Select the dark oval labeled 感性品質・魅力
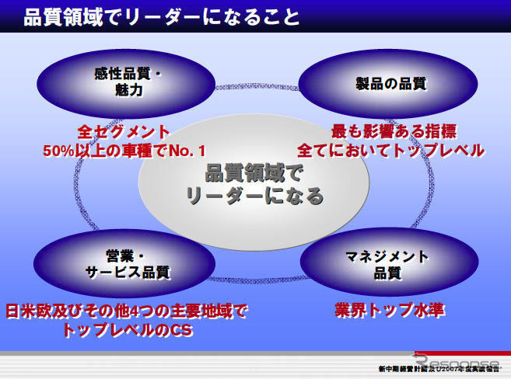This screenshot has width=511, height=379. (x=124, y=82)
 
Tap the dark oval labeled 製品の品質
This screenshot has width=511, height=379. (x=387, y=82)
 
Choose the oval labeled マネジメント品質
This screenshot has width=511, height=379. (x=387, y=264)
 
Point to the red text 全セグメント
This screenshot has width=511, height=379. (x=124, y=131)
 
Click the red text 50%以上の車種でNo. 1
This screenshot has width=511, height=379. (x=124, y=150)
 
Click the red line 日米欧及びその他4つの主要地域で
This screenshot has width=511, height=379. (x=126, y=311)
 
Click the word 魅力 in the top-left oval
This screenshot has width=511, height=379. (x=126, y=90)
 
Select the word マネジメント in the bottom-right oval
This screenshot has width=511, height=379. (x=387, y=256)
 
